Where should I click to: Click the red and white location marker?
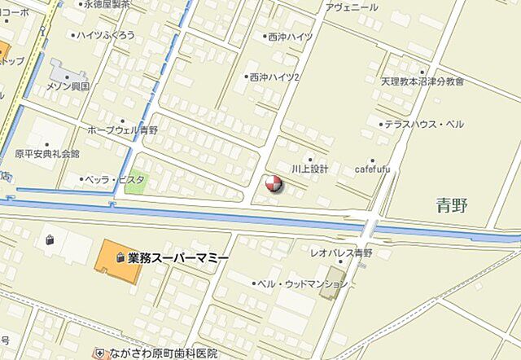coord(274,184)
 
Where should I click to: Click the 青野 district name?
coord(452,205)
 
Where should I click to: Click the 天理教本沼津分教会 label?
coord(422,81)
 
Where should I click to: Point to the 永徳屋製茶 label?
coord(112,4)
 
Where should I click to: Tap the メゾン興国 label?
coord(68,85)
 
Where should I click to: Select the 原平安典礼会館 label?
coord(47,153)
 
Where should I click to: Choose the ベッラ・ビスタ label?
coord(116,179)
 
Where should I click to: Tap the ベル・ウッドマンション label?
coord(302,283)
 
